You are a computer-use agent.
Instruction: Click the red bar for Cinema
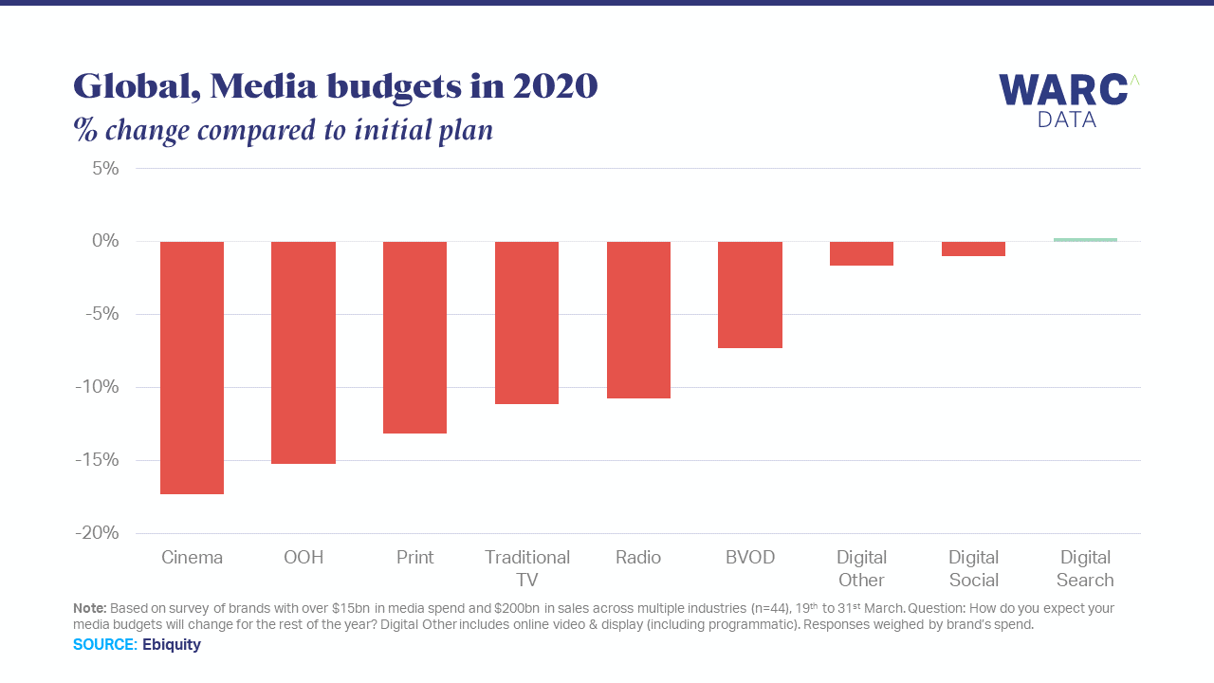[192, 368]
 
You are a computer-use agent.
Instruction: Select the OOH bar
[303, 353]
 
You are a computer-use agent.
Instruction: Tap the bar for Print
[414, 338]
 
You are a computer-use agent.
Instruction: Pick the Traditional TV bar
[526, 323]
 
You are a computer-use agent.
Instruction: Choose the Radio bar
[638, 320]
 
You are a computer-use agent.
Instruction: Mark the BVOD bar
[750, 295]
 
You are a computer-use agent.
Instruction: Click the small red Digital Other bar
[861, 253]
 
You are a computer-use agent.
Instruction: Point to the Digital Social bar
[973, 249]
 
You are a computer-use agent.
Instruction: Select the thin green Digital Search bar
[1085, 240]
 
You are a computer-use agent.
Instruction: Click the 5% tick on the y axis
[105, 169]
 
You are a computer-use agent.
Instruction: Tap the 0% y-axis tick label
[105, 241]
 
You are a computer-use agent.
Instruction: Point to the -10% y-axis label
[100, 387]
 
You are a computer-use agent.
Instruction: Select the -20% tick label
[99, 533]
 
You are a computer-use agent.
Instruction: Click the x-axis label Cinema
[192, 558]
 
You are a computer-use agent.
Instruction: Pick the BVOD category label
[750, 558]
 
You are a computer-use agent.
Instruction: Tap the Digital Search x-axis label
[1085, 569]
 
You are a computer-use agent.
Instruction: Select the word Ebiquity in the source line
[172, 645]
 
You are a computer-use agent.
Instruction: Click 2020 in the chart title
[555, 86]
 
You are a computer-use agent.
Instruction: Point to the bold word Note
[89, 608]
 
